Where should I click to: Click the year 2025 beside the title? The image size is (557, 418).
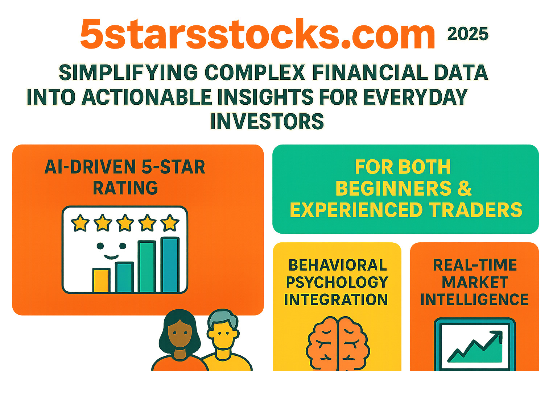[467, 34]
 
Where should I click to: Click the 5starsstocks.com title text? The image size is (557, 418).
[257, 34]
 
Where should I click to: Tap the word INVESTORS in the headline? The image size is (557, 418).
[267, 121]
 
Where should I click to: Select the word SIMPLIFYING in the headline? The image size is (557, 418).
[128, 72]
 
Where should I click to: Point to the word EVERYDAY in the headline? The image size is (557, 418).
[416, 97]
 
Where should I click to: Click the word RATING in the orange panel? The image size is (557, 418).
[125, 188]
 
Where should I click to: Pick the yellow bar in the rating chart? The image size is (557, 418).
[101, 280]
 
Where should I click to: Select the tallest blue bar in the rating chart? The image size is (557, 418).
[170, 265]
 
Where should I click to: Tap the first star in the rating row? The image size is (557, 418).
[80, 223]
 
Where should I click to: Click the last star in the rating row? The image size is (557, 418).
[170, 223]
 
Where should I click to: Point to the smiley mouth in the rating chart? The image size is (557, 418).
[111, 257]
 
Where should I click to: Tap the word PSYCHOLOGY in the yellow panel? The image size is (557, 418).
[337, 282]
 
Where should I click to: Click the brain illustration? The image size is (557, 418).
[338, 343]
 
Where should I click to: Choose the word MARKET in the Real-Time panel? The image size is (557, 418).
[475, 282]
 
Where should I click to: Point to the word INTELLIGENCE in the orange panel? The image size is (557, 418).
[475, 299]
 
